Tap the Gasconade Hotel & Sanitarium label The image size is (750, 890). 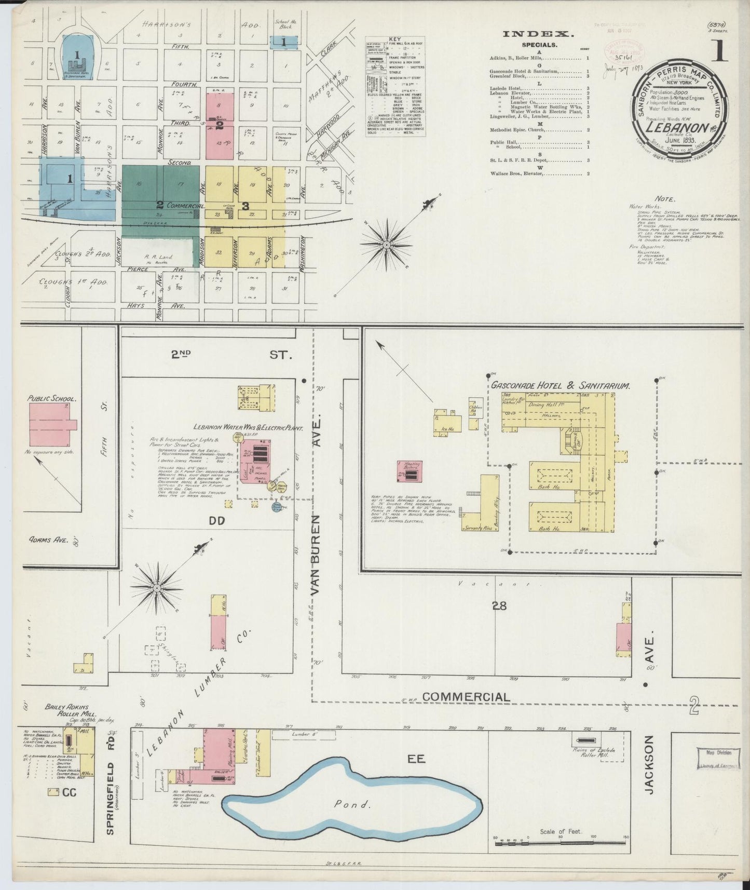(560, 386)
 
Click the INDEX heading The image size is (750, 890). (538, 34)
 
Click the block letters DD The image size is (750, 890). (216, 520)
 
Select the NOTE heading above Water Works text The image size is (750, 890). (665, 198)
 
